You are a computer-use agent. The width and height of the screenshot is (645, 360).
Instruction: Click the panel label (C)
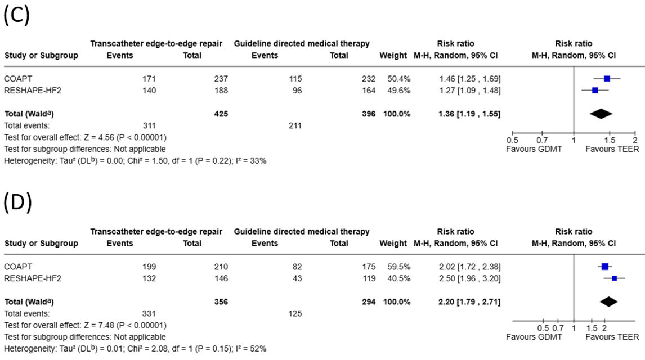[16, 16]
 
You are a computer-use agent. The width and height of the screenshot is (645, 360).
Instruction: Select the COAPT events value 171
[149, 79]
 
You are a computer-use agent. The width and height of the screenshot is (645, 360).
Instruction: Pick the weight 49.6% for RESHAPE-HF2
[398, 91]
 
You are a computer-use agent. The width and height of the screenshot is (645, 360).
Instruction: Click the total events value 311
[149, 126]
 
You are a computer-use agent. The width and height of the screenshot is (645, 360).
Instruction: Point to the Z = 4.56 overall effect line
[85, 137]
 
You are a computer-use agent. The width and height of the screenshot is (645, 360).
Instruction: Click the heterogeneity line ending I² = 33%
[135, 161]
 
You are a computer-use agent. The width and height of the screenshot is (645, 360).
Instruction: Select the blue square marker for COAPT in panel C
[607, 79]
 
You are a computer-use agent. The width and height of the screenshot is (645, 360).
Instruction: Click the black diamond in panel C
[601, 114]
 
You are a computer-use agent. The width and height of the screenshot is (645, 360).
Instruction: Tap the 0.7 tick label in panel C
[542, 140]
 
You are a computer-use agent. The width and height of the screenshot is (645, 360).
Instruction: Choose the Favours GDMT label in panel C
[534, 149]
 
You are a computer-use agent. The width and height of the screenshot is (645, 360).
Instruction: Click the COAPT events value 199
[149, 267]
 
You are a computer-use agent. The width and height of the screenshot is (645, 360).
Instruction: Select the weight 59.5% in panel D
[398, 267]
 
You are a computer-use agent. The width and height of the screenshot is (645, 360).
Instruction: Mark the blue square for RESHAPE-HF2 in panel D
[614, 278]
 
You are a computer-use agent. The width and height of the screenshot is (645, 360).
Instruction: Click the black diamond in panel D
[609, 301]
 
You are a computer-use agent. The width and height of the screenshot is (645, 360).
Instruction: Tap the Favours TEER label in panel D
[612, 337]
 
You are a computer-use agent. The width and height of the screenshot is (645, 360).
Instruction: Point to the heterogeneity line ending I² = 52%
[135, 349]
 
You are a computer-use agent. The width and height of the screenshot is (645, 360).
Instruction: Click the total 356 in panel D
[221, 301]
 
